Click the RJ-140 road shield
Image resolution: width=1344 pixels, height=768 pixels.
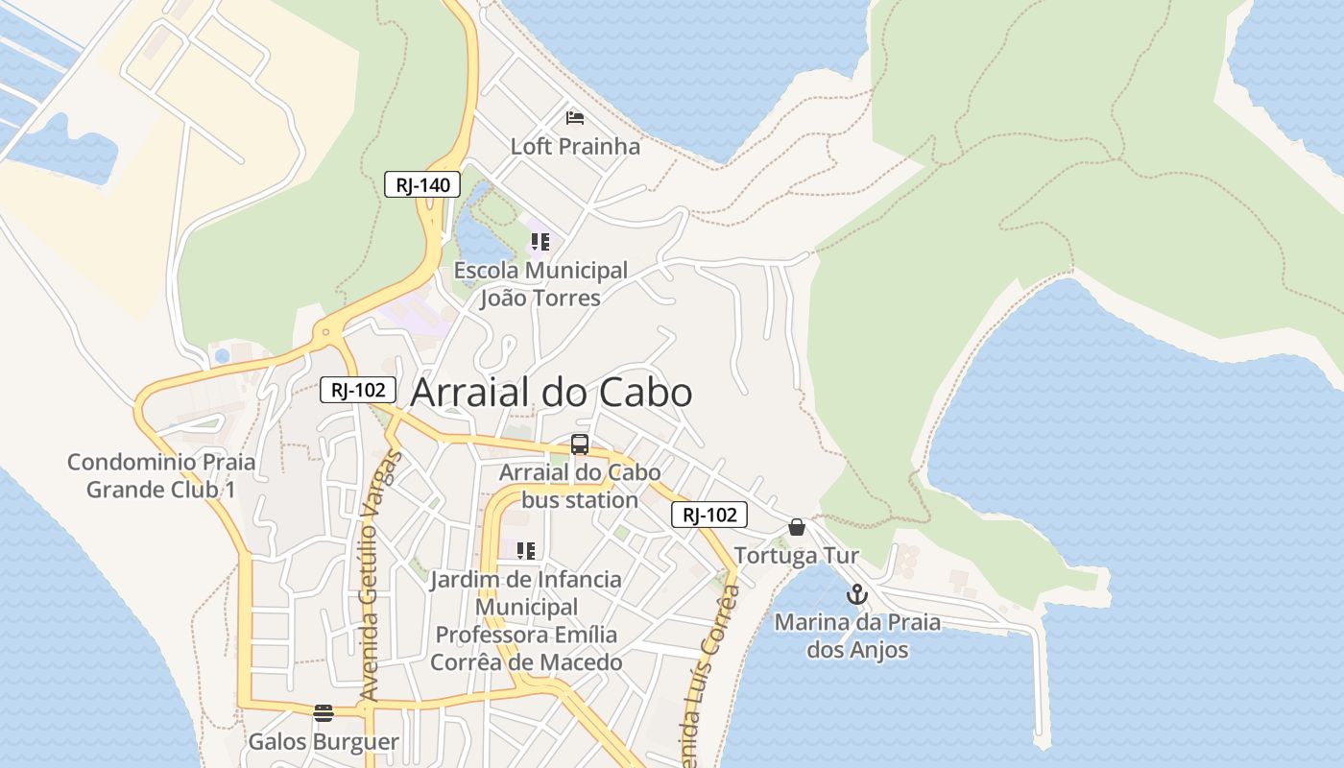422,184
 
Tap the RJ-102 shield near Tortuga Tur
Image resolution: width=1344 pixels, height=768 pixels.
708,515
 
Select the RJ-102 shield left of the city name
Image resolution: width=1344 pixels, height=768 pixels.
358,389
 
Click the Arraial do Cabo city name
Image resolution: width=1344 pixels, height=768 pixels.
551,393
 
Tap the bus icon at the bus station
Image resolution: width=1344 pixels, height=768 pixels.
580,444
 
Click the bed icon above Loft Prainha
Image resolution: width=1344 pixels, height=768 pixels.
575,118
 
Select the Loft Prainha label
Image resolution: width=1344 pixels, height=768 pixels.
575,147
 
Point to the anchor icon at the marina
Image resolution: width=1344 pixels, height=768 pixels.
857,594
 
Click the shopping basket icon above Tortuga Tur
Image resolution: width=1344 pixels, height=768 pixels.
796,527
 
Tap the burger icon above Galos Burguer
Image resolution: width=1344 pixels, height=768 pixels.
324,713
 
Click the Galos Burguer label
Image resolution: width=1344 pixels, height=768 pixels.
324,742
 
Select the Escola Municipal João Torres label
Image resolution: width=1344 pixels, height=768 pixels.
540,284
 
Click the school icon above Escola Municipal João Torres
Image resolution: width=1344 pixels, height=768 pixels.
540,242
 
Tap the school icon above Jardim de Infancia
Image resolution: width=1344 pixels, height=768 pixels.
525,551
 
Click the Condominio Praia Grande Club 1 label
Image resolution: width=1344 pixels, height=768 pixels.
161,476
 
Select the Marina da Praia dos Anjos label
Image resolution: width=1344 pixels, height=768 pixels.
857,636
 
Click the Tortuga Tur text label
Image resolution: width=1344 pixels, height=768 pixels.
796,556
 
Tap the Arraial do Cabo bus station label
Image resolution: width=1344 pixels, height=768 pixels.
580,486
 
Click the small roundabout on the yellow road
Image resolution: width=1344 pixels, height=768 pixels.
326,332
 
